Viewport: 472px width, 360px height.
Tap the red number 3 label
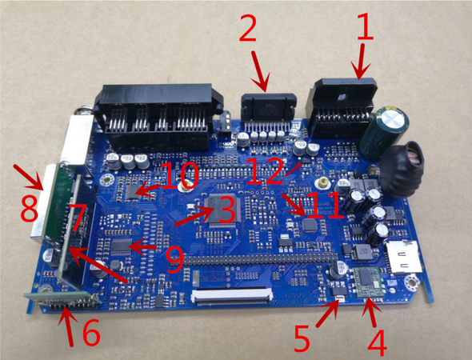226,210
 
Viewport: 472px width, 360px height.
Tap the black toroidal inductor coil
409,168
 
